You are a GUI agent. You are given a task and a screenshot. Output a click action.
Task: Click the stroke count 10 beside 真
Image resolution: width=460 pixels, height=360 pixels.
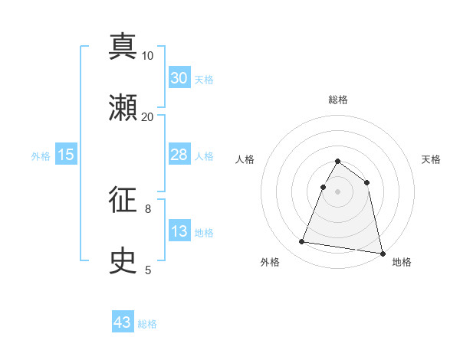148,55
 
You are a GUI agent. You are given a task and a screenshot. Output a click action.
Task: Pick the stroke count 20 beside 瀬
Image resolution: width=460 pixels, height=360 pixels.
148,116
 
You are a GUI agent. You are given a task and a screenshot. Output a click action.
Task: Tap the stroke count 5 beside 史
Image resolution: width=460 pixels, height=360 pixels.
148,270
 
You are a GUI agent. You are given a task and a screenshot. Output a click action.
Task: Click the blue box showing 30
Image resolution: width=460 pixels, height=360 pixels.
179,78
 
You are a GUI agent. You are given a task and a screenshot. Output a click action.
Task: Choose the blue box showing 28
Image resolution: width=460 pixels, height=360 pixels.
179,155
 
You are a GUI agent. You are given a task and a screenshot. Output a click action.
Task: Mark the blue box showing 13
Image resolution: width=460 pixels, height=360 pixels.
179,231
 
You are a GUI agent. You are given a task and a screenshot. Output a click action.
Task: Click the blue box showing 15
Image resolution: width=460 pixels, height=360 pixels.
66,155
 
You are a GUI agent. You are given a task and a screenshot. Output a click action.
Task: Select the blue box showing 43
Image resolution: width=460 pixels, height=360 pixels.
123,322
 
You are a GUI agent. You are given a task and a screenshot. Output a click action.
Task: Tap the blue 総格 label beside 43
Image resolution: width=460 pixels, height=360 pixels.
147,324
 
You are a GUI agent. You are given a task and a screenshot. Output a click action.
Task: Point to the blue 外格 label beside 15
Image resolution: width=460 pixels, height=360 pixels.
41,156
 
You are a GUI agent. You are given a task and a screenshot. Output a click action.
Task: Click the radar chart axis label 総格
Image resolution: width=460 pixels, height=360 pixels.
338,100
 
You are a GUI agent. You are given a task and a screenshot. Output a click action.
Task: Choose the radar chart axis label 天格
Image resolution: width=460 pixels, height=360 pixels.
431,159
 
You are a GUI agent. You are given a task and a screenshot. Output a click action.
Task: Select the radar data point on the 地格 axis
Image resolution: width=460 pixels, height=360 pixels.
382,253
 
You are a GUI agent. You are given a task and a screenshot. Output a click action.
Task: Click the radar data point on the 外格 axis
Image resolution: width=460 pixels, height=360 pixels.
302,242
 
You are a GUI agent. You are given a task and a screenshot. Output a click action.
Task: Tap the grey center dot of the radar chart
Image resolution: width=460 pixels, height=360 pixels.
338,191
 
